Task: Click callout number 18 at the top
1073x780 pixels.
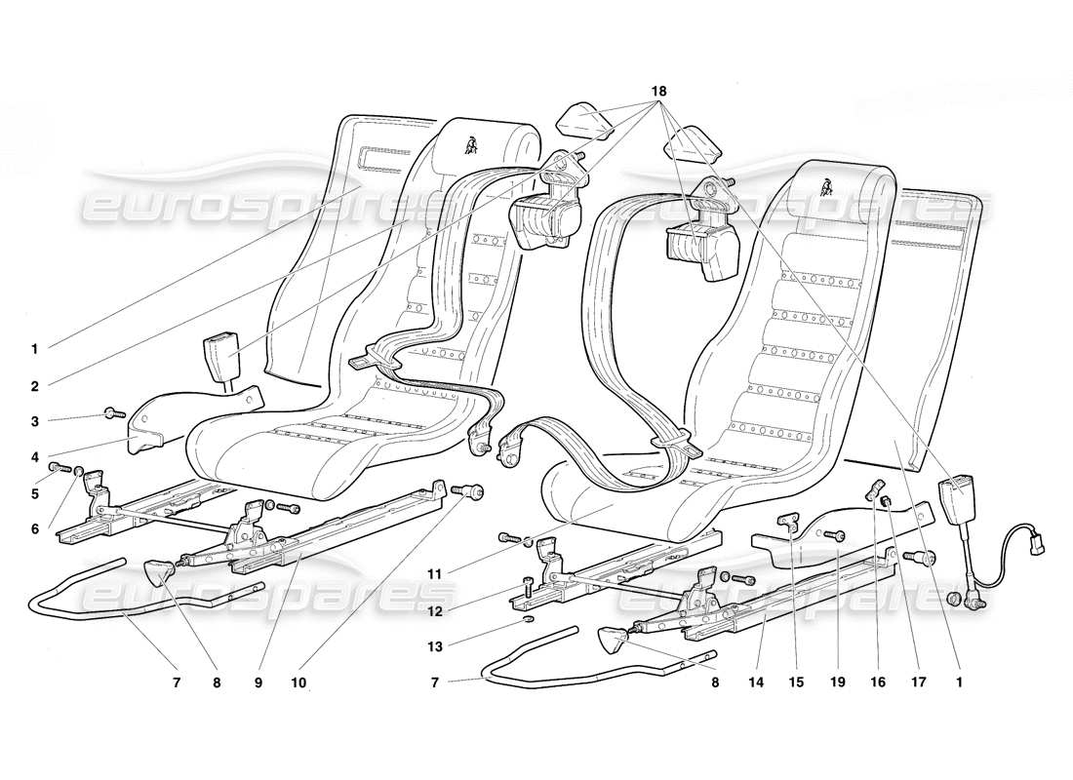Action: coord(659,92)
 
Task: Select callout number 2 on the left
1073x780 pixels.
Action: coord(34,386)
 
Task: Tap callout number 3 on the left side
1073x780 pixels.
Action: coord(34,421)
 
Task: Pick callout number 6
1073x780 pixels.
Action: coord(34,528)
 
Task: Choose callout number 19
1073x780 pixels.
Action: coord(837,683)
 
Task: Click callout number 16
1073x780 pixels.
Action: coord(878,683)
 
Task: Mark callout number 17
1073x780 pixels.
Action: coord(917,683)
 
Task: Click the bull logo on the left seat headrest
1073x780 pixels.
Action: coord(473,148)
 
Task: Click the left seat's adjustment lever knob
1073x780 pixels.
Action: coord(158,570)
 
